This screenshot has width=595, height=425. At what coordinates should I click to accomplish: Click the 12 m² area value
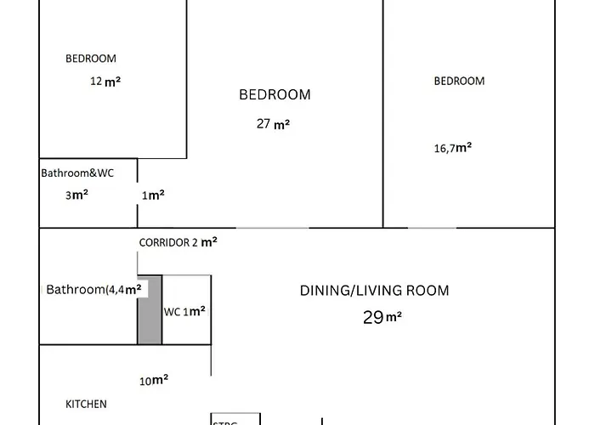(105, 82)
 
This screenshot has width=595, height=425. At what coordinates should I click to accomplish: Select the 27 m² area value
(273, 123)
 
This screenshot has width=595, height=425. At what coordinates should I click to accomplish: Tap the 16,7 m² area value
(452, 147)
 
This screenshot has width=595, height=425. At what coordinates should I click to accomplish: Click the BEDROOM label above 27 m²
(275, 94)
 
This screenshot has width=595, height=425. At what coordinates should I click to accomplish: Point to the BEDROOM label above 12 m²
(91, 59)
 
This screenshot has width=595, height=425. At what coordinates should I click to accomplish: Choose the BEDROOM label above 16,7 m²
(459, 81)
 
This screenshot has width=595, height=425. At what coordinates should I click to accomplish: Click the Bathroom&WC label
(77, 173)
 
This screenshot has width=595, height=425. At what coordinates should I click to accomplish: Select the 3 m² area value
(76, 194)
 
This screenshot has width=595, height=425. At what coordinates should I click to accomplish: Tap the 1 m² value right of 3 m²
(153, 195)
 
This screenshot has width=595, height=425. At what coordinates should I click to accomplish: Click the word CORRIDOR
(164, 242)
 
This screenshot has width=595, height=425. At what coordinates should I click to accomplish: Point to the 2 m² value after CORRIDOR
(205, 242)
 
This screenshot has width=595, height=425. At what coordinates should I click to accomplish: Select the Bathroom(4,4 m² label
(93, 289)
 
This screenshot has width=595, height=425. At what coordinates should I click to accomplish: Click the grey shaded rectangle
(150, 309)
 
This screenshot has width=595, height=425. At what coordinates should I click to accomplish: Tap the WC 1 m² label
(184, 311)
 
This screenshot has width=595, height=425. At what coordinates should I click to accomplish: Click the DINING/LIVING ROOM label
(374, 290)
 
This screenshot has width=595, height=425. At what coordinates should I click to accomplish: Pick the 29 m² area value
(382, 318)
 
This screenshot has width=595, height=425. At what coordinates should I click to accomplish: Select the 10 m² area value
(154, 380)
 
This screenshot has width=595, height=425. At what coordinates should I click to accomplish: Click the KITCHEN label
(87, 404)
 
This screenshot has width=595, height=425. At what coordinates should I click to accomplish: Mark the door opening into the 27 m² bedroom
(272, 228)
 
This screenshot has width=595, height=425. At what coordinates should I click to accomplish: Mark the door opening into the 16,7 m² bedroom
(432, 228)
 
